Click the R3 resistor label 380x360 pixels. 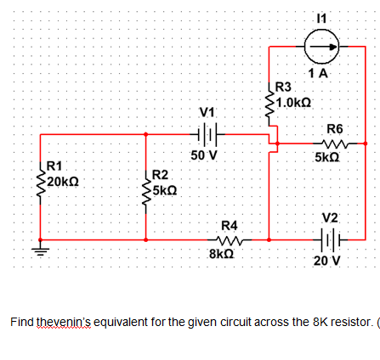click(283, 87)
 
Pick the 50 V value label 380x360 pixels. click(205, 155)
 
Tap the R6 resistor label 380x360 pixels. click(334, 129)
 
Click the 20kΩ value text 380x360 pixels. click(65, 182)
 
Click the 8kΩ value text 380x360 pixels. click(219, 254)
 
